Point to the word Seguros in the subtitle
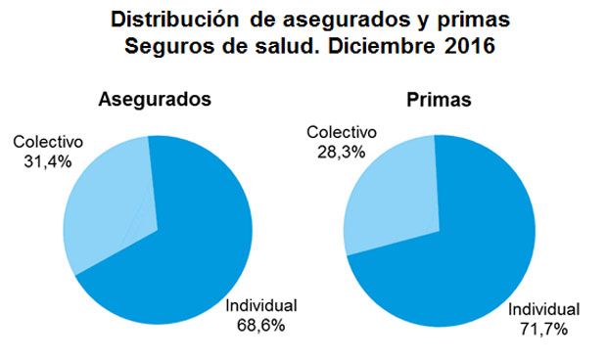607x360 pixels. pos(179,46)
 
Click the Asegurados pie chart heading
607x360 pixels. pos(156,100)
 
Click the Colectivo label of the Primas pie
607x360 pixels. pos(342,133)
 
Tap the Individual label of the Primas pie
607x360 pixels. pos(543,309)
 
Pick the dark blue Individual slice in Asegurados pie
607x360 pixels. pos(191,245)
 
